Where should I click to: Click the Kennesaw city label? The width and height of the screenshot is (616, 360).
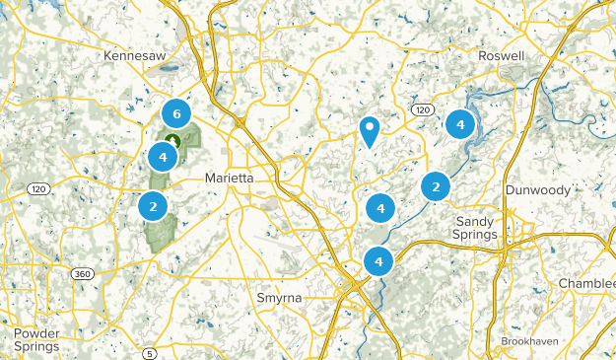[134, 57]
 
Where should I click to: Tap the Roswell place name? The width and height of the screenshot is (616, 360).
[501, 57]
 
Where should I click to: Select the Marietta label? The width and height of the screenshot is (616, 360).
[229, 179]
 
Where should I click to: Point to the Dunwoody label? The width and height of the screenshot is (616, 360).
[537, 189]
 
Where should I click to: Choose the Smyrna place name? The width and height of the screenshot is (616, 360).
[280, 297]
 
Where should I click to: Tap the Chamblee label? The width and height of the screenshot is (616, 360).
[587, 284]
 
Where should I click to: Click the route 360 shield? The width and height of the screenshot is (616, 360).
[82, 273]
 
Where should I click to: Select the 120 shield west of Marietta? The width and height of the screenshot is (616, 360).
[38, 188]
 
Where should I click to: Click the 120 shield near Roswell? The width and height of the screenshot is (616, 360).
[423, 108]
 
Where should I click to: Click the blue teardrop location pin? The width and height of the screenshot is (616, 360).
[370, 129]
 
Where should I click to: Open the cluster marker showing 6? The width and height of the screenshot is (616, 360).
[175, 111]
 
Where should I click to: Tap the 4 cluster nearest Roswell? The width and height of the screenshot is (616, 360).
[459, 123]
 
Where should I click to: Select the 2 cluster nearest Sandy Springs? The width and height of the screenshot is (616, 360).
[435, 185]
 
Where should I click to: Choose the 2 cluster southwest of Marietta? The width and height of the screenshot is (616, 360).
[152, 206]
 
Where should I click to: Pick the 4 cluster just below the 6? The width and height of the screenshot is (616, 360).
[163, 156]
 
